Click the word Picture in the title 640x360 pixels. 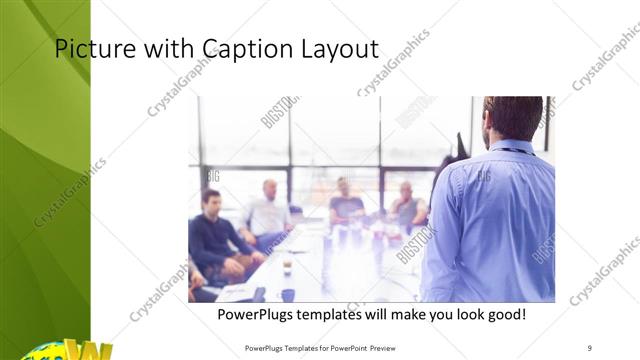[89, 49]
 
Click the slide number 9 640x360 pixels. [590, 347]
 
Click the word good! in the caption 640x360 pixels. [505, 315]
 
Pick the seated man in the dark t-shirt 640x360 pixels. [346, 205]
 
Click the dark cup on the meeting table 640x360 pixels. [286, 266]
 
